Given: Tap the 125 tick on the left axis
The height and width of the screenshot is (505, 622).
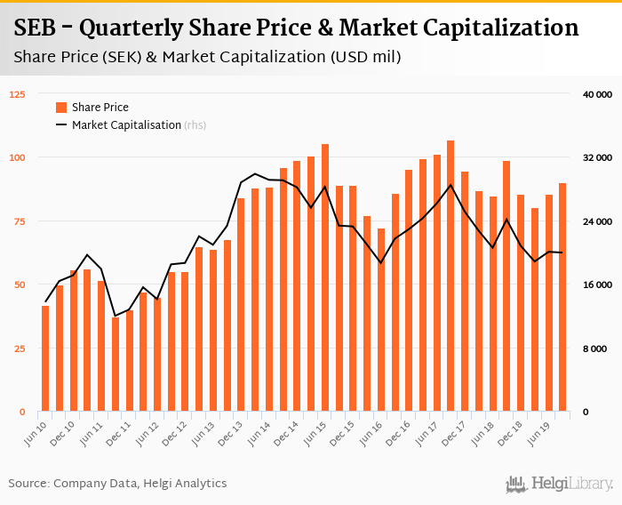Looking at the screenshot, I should click(17, 94).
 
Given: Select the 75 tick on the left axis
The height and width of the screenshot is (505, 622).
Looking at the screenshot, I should click(20, 221).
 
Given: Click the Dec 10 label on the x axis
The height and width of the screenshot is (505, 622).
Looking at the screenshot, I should click(63, 431).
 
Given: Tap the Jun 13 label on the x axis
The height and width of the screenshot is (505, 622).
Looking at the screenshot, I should click(203, 431).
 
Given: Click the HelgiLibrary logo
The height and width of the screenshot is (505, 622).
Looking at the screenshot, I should click(560, 484).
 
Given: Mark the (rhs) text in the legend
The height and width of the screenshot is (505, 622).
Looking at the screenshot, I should click(195, 125).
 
